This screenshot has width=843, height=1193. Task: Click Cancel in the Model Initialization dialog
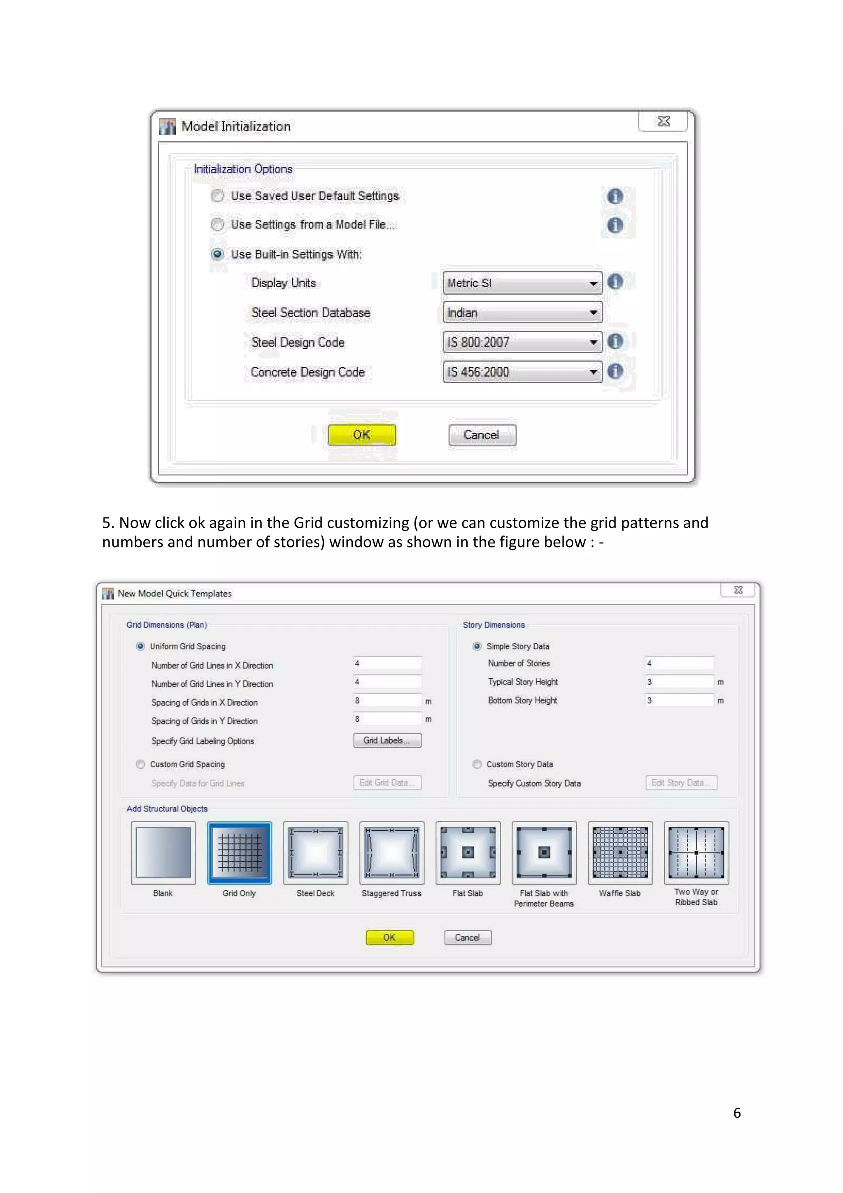[482, 435]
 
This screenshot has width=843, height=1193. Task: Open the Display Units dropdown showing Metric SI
[522, 283]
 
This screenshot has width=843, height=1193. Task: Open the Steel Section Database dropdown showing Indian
[522, 313]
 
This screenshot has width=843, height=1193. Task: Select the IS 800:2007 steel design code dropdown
[522, 343]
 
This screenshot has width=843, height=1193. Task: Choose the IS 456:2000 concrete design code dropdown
[522, 372]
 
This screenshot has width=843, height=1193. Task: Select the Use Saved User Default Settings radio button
[218, 196]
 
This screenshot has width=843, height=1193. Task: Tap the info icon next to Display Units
[615, 282]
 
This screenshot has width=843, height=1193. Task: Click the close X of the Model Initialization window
[663, 121]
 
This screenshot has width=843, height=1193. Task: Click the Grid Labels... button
[387, 741]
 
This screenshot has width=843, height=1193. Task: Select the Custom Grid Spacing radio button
[141, 764]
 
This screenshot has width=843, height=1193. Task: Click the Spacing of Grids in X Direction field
[387, 701]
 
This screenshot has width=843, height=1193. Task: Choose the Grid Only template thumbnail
[240, 853]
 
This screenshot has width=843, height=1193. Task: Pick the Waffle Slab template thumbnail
[620, 853]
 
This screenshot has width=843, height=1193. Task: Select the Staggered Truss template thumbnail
[391, 853]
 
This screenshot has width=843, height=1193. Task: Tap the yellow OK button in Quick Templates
[389, 937]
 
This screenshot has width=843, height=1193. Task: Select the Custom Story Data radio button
[477, 764]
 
